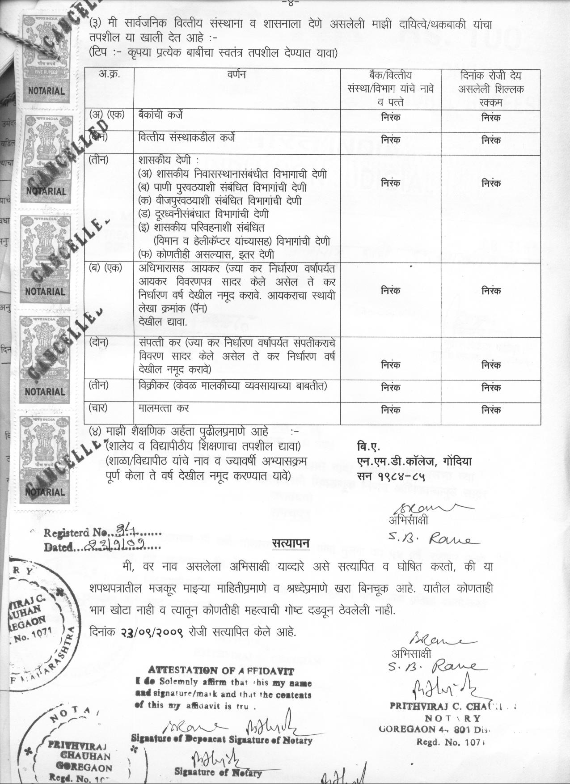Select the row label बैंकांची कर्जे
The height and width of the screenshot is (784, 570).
(160, 115)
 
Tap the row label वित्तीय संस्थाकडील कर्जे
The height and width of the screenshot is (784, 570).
(187, 138)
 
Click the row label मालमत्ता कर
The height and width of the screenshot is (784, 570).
(164, 408)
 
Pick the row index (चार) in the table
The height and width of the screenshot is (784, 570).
(98, 408)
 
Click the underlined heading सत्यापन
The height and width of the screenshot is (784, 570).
(291, 543)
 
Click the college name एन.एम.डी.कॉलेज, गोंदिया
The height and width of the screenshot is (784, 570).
(414, 461)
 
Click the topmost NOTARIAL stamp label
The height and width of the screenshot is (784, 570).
(46, 90)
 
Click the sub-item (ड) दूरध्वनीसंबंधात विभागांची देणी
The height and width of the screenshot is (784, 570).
(203, 214)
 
